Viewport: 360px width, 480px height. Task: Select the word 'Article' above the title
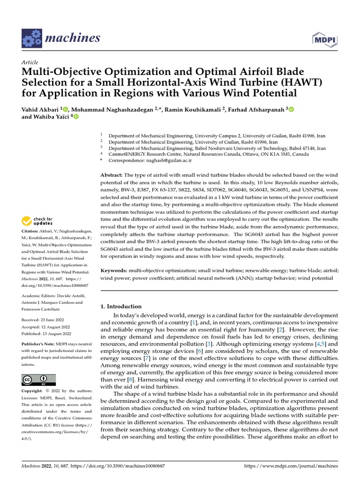click(30, 62)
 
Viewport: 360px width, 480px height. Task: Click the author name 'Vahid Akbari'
click(40, 109)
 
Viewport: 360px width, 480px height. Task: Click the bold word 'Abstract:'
click(112, 175)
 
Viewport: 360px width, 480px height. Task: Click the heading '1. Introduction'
click(121, 306)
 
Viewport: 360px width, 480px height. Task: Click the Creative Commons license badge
click(38, 380)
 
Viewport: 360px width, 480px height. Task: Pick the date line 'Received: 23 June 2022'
click(45, 320)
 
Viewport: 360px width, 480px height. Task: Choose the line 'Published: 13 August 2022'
click(46, 333)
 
